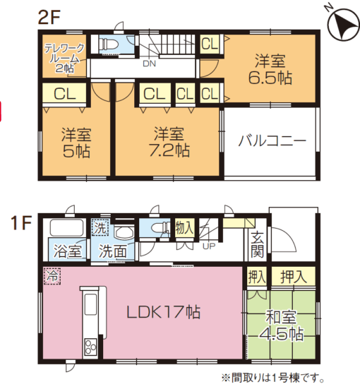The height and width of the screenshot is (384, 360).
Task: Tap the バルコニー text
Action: [272, 140]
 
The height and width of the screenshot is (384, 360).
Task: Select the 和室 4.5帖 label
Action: [281, 325]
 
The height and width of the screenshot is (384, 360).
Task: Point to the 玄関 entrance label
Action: [256, 244]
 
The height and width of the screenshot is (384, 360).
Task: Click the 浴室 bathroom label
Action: [66, 249]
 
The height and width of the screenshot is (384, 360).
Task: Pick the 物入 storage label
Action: [185, 227]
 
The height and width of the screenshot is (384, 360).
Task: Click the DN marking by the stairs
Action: [150, 64]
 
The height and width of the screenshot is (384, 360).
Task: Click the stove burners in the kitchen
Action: [91, 347]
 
